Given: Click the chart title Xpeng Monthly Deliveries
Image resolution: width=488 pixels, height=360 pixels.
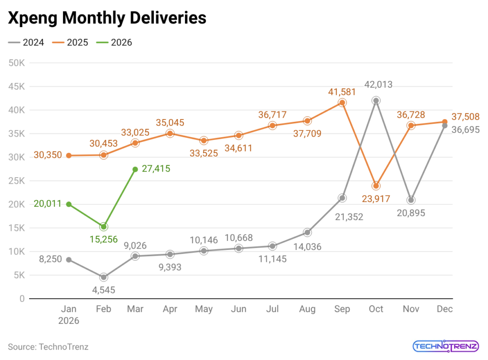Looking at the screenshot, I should [x=107, y=18].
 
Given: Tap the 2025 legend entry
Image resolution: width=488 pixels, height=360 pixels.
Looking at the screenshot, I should [x=71, y=42].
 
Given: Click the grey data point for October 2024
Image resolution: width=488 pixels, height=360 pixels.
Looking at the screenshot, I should [x=376, y=100].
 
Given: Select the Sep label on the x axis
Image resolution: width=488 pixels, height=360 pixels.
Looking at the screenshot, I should [x=342, y=309].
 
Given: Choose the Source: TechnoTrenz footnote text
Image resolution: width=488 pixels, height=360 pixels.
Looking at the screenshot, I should [x=48, y=347].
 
